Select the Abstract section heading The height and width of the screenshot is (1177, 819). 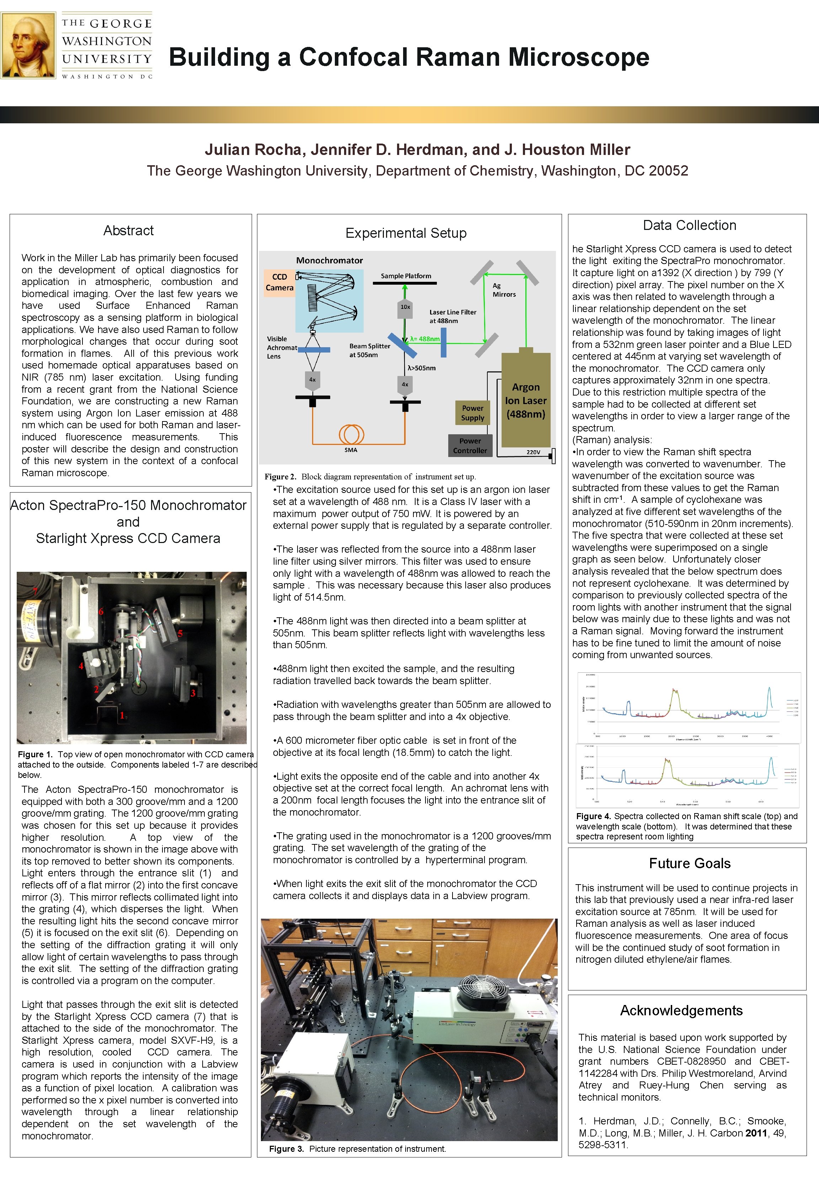coord(128,231)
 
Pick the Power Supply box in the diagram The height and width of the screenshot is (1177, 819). coord(472,413)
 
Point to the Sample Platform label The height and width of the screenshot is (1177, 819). coord(406,276)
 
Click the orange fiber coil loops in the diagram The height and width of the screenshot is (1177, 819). coord(351,434)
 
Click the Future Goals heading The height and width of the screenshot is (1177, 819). coord(689,863)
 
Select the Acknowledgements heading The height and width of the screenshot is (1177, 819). coord(681,1010)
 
